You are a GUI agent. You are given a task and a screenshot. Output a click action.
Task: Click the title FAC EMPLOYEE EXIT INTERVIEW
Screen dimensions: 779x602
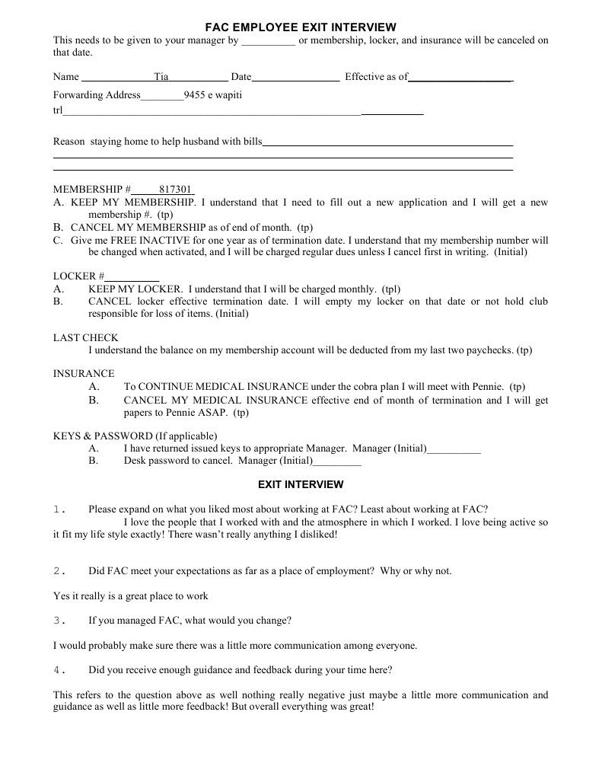pos(301,27)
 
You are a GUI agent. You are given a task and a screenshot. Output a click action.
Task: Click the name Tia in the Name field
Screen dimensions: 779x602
pos(161,77)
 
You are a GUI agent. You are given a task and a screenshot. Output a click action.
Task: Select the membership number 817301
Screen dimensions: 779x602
pos(175,189)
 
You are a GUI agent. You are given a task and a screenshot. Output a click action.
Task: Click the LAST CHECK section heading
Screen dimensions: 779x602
pos(85,337)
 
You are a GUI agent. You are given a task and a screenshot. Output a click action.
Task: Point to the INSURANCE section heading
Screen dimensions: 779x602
pos(84,374)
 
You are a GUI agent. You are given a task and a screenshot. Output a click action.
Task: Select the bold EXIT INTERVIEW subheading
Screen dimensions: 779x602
pos(301,484)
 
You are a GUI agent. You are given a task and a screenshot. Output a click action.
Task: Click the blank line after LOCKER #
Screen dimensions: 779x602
pos(132,276)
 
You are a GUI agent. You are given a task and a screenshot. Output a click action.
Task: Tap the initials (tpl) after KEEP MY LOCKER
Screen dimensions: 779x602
pos(390,289)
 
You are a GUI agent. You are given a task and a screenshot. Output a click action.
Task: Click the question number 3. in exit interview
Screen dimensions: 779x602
pos(61,621)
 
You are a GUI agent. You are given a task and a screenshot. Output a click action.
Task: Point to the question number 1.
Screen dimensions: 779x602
pos(61,509)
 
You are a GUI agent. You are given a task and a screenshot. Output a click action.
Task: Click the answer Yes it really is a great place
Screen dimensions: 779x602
pos(130,595)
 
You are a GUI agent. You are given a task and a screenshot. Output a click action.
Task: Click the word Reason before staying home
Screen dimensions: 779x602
pos(68,142)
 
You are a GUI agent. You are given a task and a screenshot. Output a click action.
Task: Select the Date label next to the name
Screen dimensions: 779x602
pos(240,77)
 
